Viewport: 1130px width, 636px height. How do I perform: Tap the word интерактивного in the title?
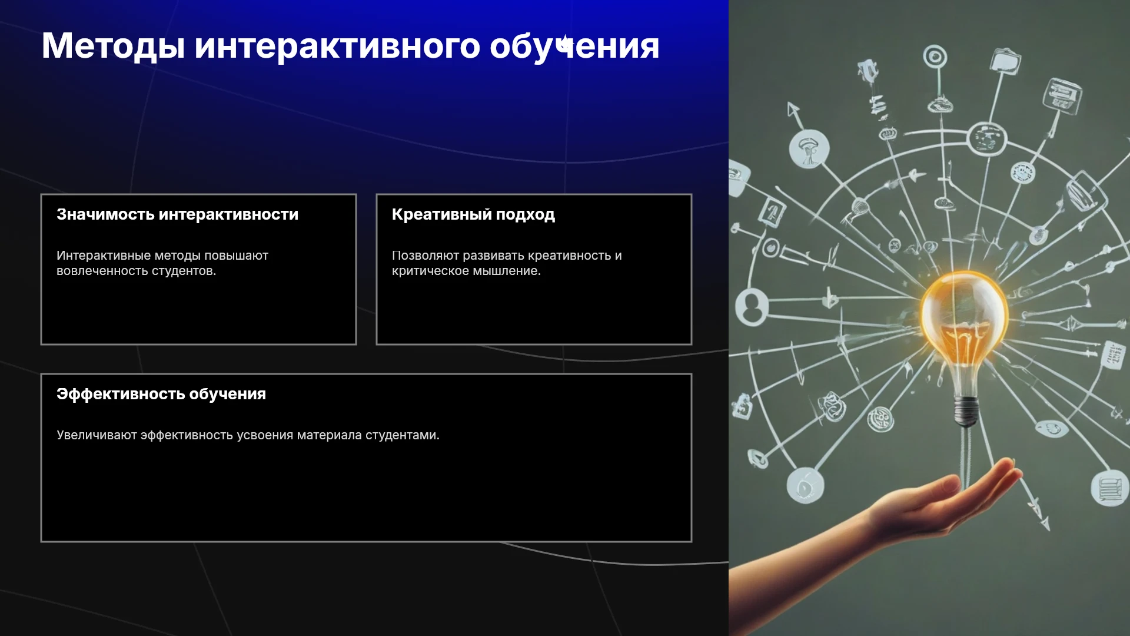click(337, 47)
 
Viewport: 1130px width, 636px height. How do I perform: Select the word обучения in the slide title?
click(574, 47)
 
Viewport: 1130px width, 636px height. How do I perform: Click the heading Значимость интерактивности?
click(177, 214)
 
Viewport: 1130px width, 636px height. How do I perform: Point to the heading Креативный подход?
click(473, 214)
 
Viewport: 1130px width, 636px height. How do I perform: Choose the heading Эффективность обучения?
click(161, 394)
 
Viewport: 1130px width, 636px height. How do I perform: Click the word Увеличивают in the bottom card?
click(97, 435)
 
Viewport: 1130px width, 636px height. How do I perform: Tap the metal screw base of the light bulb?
click(965, 410)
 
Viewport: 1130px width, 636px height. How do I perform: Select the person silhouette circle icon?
click(752, 307)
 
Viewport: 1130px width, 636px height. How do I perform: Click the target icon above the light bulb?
click(935, 57)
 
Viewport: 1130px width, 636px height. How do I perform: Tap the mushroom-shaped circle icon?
click(809, 148)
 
